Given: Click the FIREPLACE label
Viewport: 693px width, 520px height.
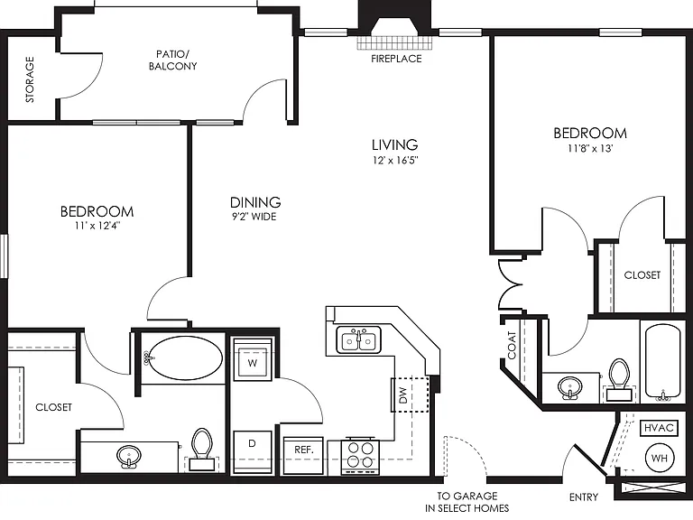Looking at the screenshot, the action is tap(396, 59).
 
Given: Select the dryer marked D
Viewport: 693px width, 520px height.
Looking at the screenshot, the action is tap(252, 451).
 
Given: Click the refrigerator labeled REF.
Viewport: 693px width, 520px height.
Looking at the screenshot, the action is tap(303, 455).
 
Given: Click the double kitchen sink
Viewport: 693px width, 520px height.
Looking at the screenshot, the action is tap(359, 340).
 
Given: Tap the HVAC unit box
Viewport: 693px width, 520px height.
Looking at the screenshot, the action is tap(659, 428).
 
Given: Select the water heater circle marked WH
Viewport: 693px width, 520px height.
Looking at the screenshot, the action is tap(660, 459).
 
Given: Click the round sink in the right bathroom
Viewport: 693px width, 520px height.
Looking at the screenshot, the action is tap(570, 388).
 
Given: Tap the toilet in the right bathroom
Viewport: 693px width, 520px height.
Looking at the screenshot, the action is tap(619, 380).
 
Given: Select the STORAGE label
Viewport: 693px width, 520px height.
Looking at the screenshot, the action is tap(30, 79).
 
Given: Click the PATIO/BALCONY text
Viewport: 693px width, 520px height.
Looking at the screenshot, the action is tap(173, 60).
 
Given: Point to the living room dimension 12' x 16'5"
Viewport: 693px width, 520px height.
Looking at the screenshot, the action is tap(395, 160).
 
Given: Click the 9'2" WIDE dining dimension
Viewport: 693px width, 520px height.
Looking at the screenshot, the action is tap(254, 217).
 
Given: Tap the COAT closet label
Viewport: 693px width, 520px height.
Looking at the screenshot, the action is tap(512, 345).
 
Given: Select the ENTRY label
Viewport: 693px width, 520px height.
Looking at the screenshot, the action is tap(584, 497).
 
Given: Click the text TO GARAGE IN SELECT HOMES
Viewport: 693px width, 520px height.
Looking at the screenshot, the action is tap(467, 502).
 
